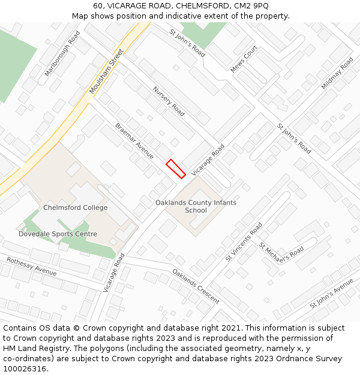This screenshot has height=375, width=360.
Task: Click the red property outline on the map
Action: [x=175, y=169]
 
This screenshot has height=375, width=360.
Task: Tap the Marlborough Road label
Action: [x=62, y=54]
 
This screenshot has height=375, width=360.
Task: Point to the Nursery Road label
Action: [x=169, y=101]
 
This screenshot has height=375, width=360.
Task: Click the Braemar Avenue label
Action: [x=134, y=142]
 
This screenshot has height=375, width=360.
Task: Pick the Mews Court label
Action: [x=244, y=59]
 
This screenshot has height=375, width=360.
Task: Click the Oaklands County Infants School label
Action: [x=196, y=206]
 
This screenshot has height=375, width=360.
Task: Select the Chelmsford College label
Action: [x=76, y=208]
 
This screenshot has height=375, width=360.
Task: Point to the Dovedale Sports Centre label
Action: [x=58, y=234]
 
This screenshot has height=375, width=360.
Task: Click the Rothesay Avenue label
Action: [x=31, y=266]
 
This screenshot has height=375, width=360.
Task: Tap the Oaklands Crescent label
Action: [x=196, y=286]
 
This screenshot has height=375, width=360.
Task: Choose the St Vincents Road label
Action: [x=244, y=242]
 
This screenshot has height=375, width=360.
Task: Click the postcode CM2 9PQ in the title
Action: [x=251, y=5]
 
